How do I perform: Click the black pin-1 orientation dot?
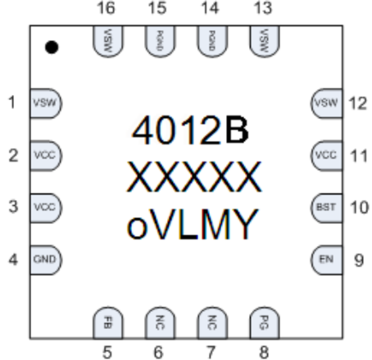[52, 47]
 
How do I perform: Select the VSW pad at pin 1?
[45, 103]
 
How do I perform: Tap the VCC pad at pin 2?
[45, 155]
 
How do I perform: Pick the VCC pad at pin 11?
[326, 155]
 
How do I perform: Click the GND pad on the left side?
[45, 260]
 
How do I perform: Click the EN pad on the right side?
[326, 260]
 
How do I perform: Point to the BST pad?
[326, 207]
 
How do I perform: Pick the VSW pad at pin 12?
[326, 103]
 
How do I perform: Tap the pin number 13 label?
[263, 8]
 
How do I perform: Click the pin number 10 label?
[359, 207]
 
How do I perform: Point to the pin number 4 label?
[13, 260]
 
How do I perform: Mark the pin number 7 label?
[211, 352]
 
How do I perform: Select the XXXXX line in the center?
[195, 177]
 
